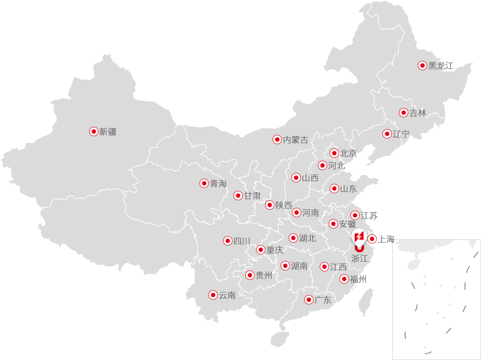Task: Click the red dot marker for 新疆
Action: (94, 131)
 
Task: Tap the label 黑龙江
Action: (441, 66)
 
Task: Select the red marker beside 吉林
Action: (404, 113)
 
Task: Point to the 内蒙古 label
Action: (296, 139)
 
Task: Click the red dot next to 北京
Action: (334, 153)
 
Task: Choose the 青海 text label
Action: (218, 184)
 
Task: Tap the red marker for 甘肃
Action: (238, 196)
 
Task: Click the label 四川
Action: (242, 241)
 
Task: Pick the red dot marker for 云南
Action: (213, 295)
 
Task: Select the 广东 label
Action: (323, 300)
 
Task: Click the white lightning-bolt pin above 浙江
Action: (359, 235)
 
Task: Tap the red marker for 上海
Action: (372, 239)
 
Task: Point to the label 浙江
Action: (360, 258)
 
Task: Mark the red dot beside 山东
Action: (334, 189)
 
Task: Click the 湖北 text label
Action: (307, 238)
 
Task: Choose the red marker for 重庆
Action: (261, 250)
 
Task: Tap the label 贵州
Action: (264, 275)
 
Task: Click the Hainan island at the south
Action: (280, 338)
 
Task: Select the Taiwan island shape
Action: (366, 302)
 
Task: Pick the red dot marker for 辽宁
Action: (387, 134)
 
